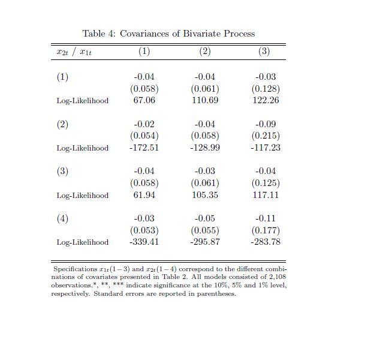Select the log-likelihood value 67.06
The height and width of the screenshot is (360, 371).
[144, 100]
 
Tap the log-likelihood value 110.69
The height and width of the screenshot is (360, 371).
[205, 100]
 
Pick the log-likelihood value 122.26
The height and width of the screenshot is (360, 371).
[266, 100]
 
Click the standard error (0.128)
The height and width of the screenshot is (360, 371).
[266, 89]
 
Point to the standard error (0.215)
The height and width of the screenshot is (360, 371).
[266, 136]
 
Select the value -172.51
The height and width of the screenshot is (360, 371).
[144, 148]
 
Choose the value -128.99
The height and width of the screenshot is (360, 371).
[205, 148]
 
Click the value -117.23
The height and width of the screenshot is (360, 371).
[266, 148]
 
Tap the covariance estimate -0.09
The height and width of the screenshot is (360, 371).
[266, 124]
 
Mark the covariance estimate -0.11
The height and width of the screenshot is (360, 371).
[266, 218]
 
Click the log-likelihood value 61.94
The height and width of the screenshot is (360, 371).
[144, 195]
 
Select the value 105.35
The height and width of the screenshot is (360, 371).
[205, 195]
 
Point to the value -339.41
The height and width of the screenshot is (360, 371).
[144, 242]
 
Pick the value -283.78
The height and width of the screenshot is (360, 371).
[266, 242]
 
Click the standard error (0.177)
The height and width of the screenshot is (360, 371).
[266, 230]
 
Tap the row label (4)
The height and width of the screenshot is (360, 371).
[62, 218]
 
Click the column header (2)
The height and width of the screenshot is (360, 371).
[205, 52]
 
